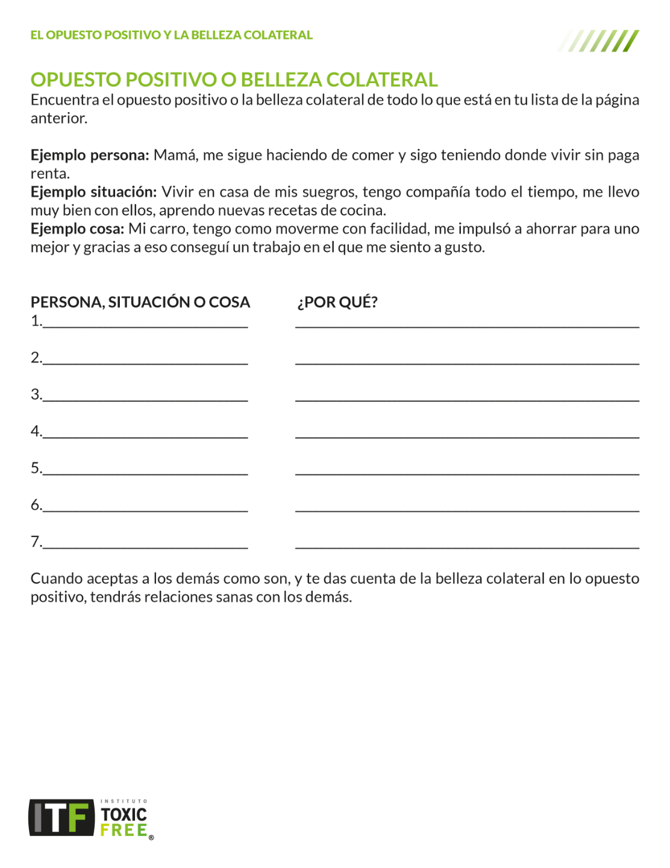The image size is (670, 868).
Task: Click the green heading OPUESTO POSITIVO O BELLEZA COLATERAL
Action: pyautogui.click(x=234, y=80)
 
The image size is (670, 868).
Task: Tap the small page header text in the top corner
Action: pyautogui.click(x=171, y=35)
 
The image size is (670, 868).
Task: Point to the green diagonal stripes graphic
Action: pyautogui.click(x=599, y=40)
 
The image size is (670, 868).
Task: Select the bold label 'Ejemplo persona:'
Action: pyautogui.click(x=90, y=155)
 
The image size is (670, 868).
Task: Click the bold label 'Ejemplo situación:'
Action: pyautogui.click(x=93, y=192)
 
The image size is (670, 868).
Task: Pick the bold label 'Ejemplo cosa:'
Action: pyautogui.click(x=77, y=228)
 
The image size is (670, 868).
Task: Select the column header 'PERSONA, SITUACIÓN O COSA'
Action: pyautogui.click(x=140, y=302)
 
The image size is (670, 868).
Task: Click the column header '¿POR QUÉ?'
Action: pyautogui.click(x=337, y=302)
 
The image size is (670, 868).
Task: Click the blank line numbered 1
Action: pyautogui.click(x=145, y=324)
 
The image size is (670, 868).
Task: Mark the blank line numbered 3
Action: pyautogui.click(x=145, y=398)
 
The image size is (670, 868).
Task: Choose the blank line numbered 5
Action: pyautogui.click(x=145, y=471)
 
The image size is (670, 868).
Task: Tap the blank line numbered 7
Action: pyautogui.click(x=145, y=545)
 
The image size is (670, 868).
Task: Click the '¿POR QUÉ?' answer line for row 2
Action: pyautogui.click(x=467, y=361)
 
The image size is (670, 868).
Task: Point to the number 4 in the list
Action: pyautogui.click(x=35, y=431)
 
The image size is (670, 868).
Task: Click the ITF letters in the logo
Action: pyautogui.click(x=61, y=818)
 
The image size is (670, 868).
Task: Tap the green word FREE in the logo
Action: pyautogui.click(x=124, y=830)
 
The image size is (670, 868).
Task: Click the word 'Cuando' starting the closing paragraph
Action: pyautogui.click(x=56, y=579)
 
